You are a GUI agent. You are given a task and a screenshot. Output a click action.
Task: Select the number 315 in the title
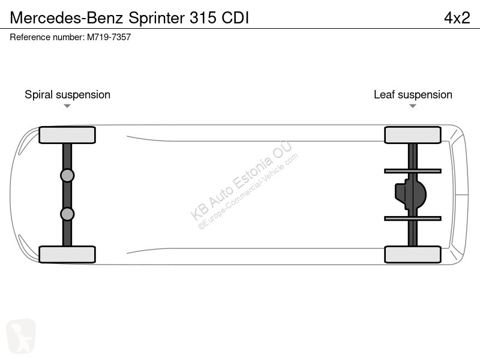click(203, 18)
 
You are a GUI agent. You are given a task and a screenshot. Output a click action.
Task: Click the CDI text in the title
click(235, 18)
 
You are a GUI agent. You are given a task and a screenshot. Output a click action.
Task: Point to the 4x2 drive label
click(457, 18)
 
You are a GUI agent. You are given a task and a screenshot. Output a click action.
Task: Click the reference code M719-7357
click(109, 37)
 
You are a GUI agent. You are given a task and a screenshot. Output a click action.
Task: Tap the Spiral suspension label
click(67, 95)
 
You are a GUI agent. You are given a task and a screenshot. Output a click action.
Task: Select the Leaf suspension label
click(413, 95)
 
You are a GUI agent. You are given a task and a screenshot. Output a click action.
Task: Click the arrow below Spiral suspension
click(67, 106)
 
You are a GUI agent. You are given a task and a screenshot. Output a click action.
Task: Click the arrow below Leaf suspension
click(413, 106)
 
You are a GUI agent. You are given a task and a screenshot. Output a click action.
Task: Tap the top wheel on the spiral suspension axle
click(67, 135)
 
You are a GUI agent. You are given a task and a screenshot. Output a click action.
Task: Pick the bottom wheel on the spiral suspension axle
click(67, 254)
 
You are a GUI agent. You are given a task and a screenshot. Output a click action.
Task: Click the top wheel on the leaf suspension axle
click(413, 135)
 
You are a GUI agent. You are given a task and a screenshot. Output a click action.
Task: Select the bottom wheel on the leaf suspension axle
click(413, 254)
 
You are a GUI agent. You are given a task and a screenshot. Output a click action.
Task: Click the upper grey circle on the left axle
click(67, 176)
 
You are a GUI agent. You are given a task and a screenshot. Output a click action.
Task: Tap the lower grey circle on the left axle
click(67, 214)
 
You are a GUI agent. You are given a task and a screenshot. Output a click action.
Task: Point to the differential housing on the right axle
click(410, 194)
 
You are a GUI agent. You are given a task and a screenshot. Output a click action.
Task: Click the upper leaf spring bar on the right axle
click(413, 171)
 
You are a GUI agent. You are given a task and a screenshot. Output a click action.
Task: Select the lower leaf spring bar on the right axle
click(413, 218)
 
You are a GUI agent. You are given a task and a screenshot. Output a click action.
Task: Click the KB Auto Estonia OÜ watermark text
click(241, 181)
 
